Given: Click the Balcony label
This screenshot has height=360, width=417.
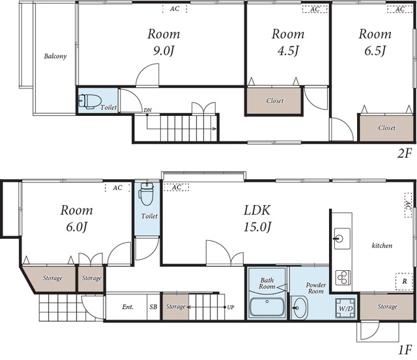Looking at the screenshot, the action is coord(55,57).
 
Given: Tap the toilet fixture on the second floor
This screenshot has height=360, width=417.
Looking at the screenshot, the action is coord(90,101).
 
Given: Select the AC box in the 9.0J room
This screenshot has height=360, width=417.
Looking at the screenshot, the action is coord(175,8).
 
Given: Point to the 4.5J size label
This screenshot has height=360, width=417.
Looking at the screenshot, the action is coord(288,51).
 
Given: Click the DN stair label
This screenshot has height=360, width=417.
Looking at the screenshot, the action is coord(148,110).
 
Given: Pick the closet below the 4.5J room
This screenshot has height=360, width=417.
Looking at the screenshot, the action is coord(274,101).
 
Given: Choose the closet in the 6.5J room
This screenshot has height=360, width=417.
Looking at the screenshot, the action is coord(386,128).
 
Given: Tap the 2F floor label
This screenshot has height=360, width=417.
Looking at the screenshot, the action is coord(404,154).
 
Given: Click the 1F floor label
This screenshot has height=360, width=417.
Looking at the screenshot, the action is coord(405,350).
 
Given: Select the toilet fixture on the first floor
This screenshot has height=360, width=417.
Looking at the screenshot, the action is coord(147,194).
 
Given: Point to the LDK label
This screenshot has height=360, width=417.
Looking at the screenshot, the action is coord(257,210).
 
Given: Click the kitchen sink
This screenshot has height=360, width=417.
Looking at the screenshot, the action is coord(342,238).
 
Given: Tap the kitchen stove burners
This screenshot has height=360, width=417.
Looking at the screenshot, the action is coord(343,277).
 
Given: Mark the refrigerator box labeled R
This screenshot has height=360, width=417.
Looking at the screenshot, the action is coord(405,281).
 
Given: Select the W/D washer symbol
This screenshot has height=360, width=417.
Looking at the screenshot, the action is coord(345,309).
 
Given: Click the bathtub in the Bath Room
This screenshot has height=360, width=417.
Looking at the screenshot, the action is coord(266,307).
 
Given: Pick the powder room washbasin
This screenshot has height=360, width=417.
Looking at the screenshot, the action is coord(300,308).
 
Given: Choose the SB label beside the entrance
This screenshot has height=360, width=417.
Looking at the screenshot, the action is coord(153,307).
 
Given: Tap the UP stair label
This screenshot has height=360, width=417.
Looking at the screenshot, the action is coord(230,307).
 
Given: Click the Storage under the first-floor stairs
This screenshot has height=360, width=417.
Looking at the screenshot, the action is coord(175,307).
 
